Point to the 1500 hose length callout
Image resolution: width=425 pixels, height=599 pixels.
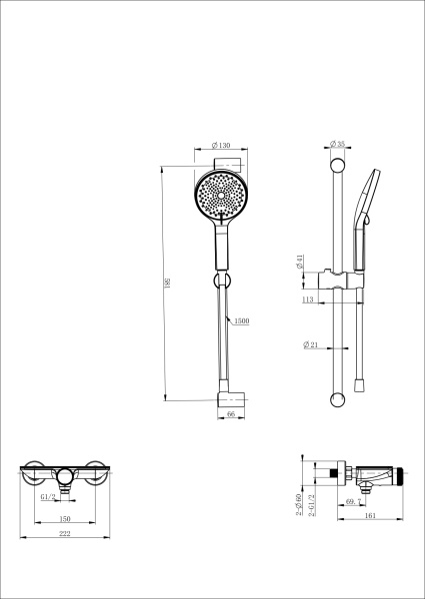pos(241,321)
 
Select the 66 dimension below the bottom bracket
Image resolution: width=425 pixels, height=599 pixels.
pos(230,412)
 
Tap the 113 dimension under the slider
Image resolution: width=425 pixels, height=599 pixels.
pos(309,298)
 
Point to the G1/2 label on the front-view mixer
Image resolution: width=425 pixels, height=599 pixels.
pos(47,496)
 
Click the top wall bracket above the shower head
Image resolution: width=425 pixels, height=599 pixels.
pos(229,163)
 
